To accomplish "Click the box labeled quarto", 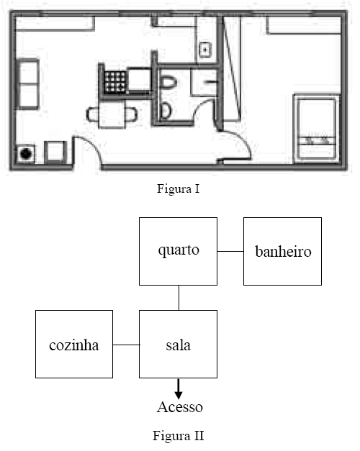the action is tap(178, 251).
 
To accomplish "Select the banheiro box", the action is tap(282, 251).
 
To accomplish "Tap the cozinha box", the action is tap(74, 344).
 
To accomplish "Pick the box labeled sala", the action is tap(178, 344).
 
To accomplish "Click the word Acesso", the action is tap(180, 407).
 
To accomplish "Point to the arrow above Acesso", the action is tap(179, 389).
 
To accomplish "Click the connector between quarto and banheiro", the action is tap(230, 251).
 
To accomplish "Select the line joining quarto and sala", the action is tap(179, 298).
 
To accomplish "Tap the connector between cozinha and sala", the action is tap(126, 345).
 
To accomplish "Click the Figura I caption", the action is tap(179, 188).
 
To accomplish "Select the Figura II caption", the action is tap(179, 435).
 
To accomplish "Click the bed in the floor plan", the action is tap(316, 128).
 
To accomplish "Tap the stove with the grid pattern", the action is tap(115, 82).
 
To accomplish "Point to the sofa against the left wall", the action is tap(28, 84).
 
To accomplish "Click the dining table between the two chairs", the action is tap(112, 114).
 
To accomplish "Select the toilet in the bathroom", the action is tap(168, 83).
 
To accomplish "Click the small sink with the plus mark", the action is tap(205, 50).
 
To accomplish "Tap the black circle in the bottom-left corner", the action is tap(26, 154).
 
